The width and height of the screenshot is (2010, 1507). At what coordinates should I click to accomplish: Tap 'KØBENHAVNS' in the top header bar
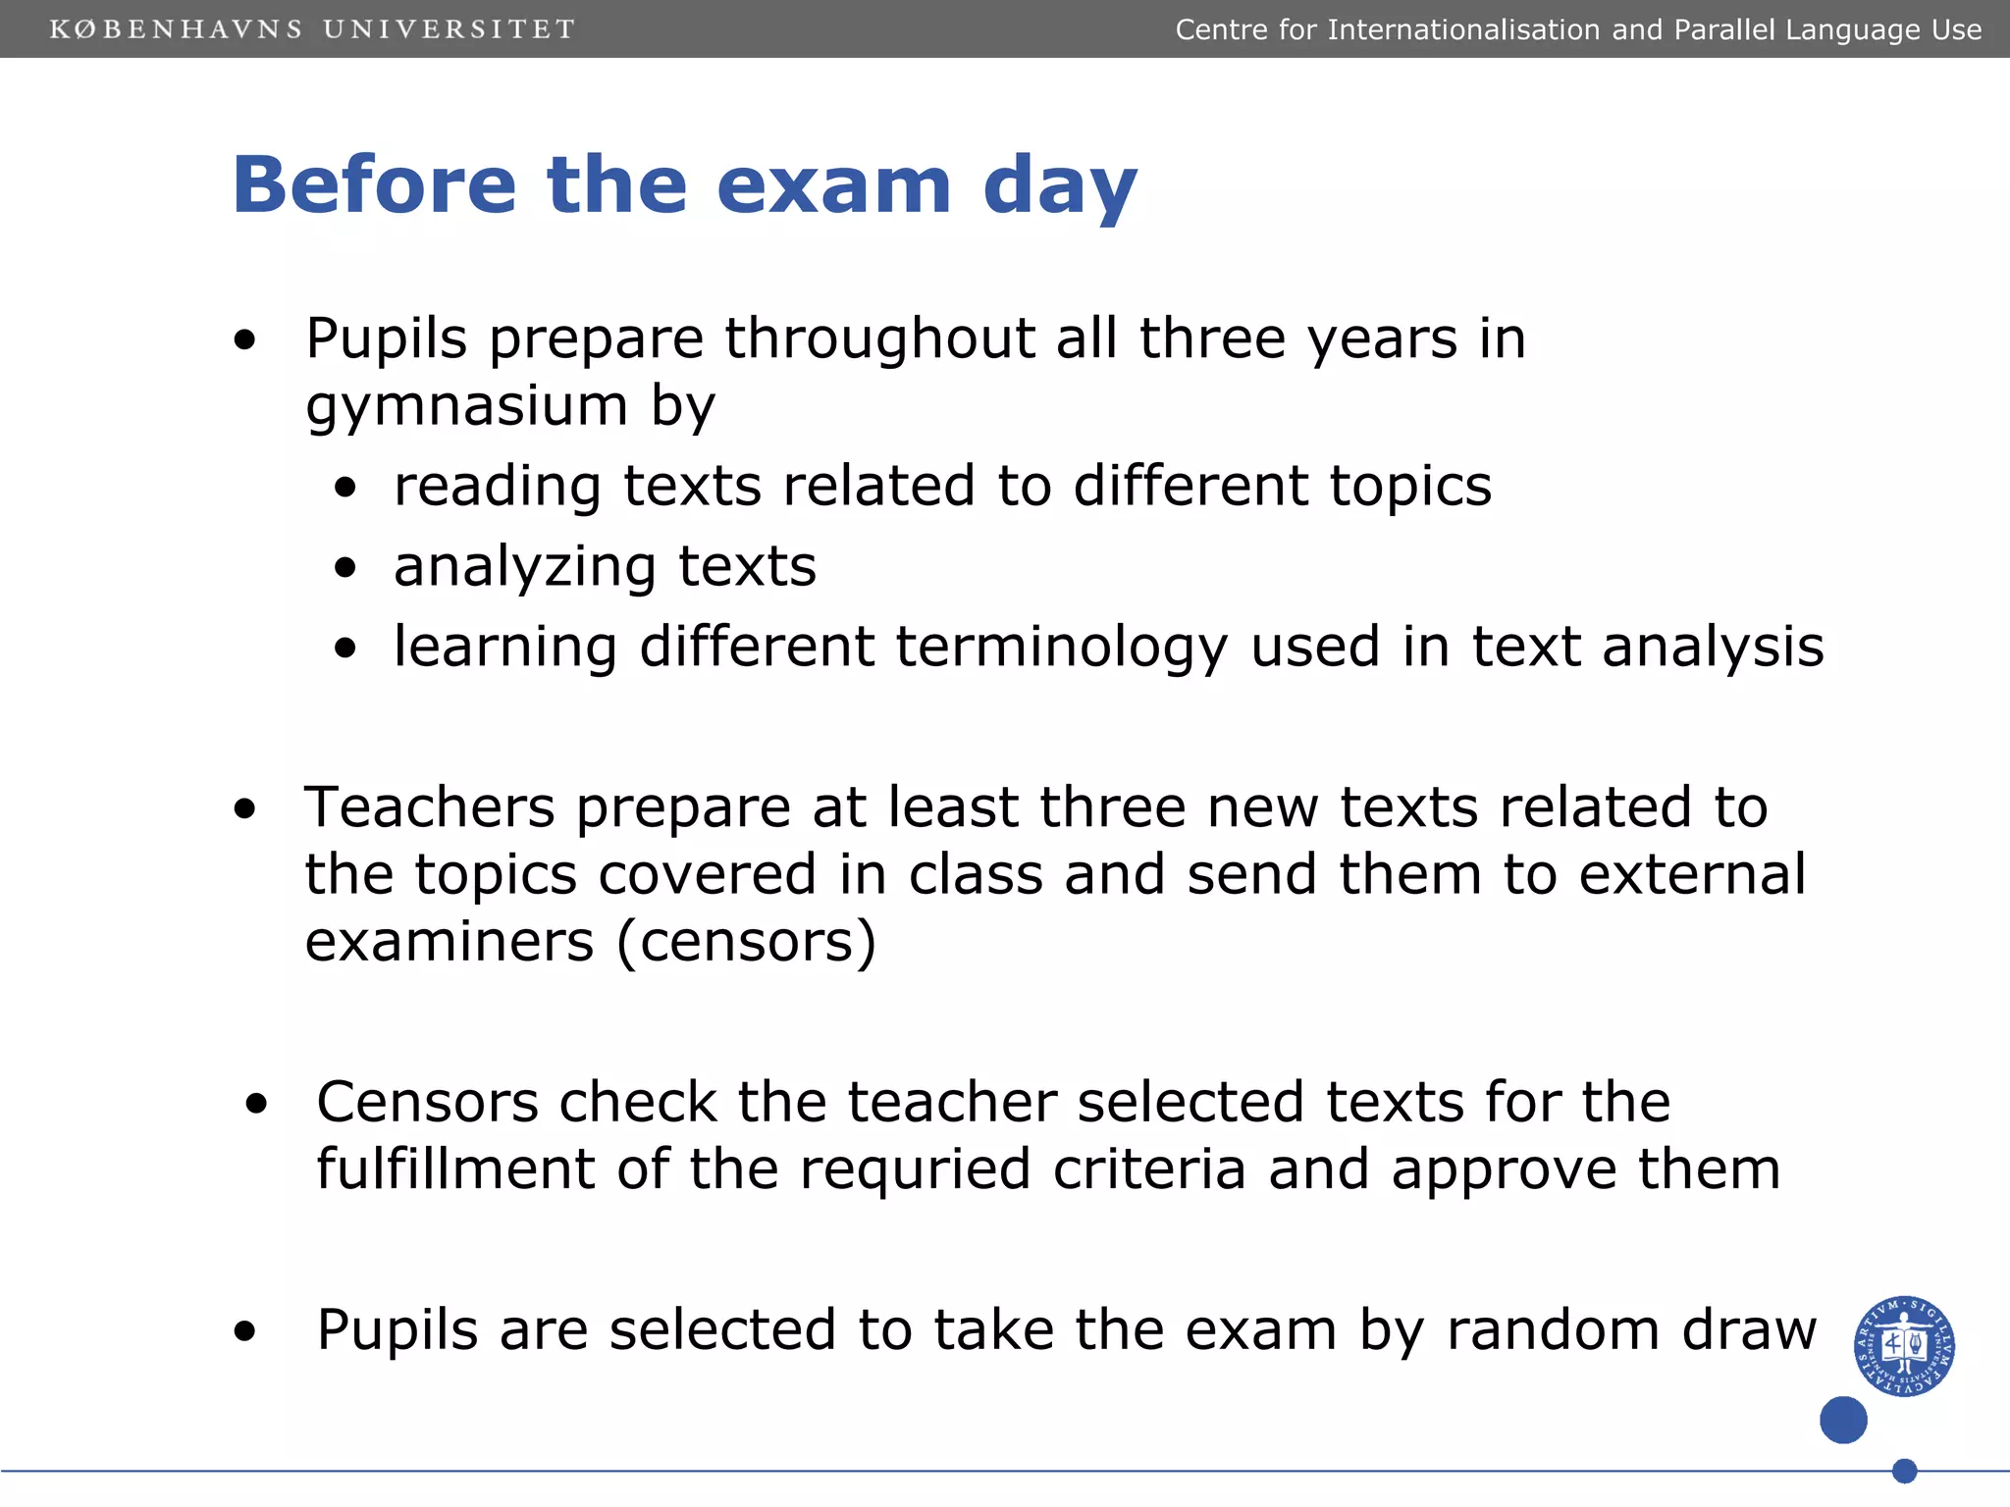177,29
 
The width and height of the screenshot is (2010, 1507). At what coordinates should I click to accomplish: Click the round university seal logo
1904,1345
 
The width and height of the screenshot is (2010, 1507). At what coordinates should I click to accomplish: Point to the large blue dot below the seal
1843,1420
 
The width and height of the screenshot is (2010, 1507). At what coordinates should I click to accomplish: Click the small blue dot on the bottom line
1904,1471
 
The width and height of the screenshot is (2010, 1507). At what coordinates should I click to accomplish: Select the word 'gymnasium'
467,406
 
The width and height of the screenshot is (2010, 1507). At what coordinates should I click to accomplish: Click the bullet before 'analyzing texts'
344,567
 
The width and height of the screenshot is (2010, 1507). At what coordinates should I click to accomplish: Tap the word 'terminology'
1062,648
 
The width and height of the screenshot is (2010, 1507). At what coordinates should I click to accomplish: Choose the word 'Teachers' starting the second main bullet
430,807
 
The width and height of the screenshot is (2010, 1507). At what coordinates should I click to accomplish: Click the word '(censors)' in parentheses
746,942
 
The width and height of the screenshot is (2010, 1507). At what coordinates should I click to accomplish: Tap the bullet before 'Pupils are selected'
244,1331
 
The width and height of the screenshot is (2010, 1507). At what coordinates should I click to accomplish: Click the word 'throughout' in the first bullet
879,338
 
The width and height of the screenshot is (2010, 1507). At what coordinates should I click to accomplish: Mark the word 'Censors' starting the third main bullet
427,1102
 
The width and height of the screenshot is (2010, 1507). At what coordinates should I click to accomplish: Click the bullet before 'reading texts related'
344,487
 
